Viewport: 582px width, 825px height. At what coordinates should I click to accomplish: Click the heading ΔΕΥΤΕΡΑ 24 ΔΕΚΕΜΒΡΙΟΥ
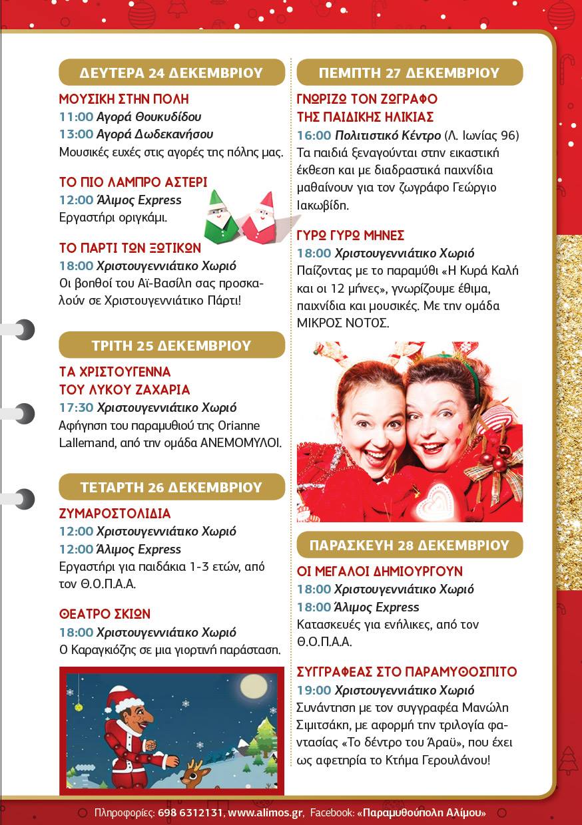coord(171,73)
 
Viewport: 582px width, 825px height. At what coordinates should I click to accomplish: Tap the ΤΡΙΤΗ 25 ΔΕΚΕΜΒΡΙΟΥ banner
coord(171,345)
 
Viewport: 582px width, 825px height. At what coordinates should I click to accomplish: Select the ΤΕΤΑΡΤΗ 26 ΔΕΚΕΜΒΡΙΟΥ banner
coord(171,487)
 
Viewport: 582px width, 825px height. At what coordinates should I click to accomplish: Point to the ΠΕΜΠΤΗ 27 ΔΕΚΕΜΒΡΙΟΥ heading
coord(409,73)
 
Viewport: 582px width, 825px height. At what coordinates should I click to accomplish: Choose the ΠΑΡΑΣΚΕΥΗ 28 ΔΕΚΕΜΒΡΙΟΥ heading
coord(409,545)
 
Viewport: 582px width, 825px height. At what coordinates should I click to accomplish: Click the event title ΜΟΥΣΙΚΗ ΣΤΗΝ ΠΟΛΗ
coord(124,100)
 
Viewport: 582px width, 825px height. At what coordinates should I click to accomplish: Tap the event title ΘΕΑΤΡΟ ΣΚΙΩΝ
coord(105,614)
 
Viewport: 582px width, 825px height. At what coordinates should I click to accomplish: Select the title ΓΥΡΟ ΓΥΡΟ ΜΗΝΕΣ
coord(350,236)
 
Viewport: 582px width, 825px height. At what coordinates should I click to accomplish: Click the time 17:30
coord(75,407)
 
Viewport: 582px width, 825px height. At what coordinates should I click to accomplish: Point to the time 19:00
coord(314,690)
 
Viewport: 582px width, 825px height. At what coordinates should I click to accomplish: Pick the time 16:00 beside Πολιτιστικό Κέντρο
coord(314,136)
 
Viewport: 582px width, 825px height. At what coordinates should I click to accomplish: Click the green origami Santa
coord(220,217)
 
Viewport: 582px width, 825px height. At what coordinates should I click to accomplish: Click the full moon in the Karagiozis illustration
coord(254,685)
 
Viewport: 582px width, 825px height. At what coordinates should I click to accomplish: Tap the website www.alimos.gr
coord(266,812)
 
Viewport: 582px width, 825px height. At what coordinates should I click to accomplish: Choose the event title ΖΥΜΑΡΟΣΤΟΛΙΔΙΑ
coord(115,514)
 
